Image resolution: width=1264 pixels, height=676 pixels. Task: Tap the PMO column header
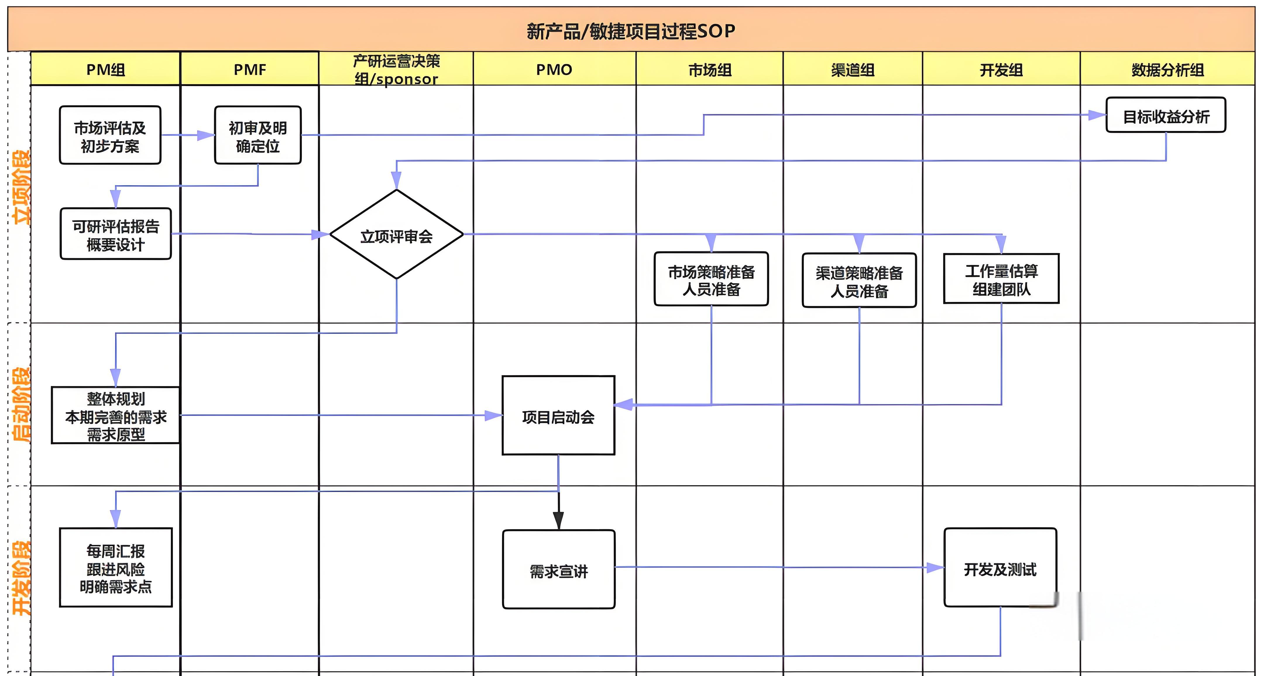pos(554,70)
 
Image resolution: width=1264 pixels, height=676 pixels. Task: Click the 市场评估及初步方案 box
pos(110,136)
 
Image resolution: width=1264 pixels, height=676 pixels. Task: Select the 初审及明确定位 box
pos(257,136)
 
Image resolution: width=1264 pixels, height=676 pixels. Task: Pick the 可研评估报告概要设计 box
pos(116,234)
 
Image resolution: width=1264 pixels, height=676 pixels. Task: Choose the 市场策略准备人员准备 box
pos(711,280)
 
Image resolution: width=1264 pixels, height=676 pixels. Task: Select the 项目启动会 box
pos(558,416)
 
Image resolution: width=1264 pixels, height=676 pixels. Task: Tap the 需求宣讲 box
pos(558,570)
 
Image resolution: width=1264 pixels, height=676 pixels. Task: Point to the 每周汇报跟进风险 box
pos(116,568)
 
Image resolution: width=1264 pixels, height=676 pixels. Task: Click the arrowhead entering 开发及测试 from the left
pos(935,568)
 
